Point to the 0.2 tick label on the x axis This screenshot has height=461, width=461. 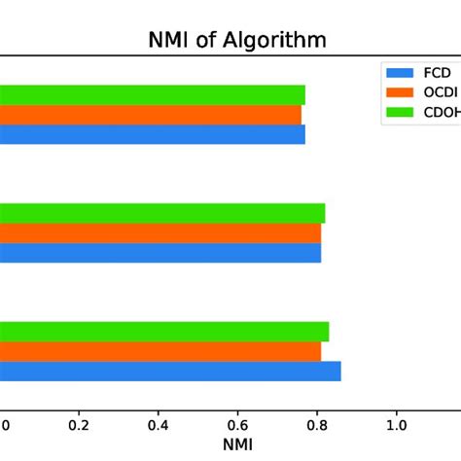coord(79,425)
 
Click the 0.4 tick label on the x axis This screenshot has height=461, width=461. coord(158,425)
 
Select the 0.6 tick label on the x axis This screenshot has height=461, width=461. coord(237,425)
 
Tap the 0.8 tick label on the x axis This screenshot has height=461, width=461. coord(317,425)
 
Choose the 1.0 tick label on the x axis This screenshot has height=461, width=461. coord(396,425)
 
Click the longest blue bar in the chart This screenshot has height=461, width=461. coord(170,371)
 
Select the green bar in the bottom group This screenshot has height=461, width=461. coord(163,331)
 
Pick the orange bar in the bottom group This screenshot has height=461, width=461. coord(160,351)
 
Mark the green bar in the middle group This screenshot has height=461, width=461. coord(161,213)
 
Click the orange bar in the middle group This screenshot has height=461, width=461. coord(160,233)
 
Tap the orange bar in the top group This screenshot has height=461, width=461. coord(151,115)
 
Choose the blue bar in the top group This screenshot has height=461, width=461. coord(153,134)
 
